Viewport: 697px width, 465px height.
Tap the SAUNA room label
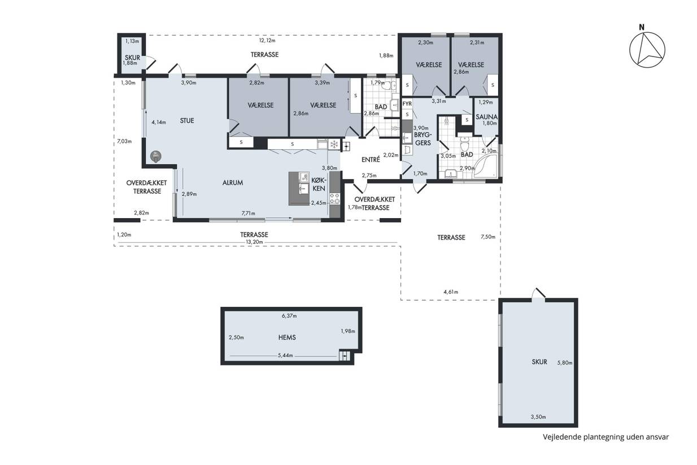pyautogui.click(x=486, y=117)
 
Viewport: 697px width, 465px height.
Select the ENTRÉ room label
pyautogui.click(x=371, y=160)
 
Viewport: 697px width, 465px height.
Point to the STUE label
pyautogui.click(x=187, y=120)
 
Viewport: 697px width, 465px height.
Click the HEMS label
pyautogui.click(x=287, y=337)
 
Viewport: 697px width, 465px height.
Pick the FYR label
pyautogui.click(x=407, y=103)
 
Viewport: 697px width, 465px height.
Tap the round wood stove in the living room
pyautogui.click(x=155, y=157)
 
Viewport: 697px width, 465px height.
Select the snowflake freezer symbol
pyautogui.click(x=334, y=144)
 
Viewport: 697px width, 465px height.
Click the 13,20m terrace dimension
pyautogui.click(x=254, y=242)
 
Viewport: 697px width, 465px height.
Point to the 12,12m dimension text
pyautogui.click(x=267, y=41)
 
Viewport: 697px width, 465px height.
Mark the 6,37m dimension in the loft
pyautogui.click(x=289, y=316)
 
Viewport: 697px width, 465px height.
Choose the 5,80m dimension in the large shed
pyautogui.click(x=565, y=363)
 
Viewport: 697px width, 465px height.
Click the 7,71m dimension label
pyautogui.click(x=249, y=213)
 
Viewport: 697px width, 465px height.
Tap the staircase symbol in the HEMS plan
pyautogui.click(x=345, y=355)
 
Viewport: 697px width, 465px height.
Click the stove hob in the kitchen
pyautogui.click(x=335, y=199)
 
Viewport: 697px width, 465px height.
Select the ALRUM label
pyautogui.click(x=233, y=182)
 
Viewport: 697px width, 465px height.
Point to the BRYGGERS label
pyautogui.click(x=423, y=139)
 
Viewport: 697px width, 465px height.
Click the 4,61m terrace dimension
pyautogui.click(x=451, y=292)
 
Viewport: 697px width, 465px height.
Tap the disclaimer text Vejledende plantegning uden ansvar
pyautogui.click(x=606, y=437)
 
